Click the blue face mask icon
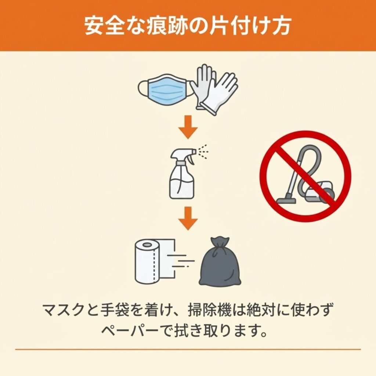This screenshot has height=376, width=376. [x=166, y=90]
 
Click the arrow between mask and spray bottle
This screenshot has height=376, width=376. [x=188, y=127]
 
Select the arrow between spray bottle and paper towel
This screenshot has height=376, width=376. [x=188, y=218]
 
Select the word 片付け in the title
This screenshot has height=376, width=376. [x=235, y=26]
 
